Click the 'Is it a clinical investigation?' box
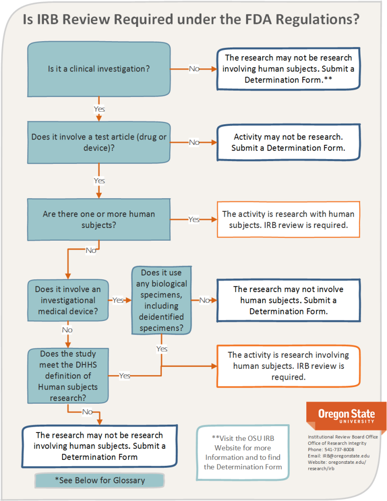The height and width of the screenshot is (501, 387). [x=99, y=68]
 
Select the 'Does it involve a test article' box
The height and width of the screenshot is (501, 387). [x=99, y=142]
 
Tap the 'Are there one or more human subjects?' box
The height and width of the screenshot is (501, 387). [x=99, y=219]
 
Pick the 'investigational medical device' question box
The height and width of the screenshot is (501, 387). [x=68, y=300]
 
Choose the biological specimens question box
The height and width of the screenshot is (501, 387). [x=161, y=300]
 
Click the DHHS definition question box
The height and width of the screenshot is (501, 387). [x=68, y=375]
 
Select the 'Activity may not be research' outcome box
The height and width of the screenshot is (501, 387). [x=288, y=142]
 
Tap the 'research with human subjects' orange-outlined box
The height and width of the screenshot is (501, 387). [x=288, y=219]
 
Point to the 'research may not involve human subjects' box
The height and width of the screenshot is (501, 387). [x=288, y=300]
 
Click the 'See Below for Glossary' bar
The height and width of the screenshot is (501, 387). [x=99, y=480]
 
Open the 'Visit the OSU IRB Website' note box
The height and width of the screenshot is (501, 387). [x=243, y=452]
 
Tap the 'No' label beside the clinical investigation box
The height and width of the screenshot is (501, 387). [x=194, y=68]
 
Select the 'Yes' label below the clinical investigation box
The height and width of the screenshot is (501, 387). [x=99, y=109]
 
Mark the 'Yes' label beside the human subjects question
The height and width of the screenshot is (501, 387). [x=194, y=219]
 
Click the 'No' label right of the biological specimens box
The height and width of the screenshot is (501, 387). [x=205, y=300]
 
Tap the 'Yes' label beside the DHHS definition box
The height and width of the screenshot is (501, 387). [x=125, y=375]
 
